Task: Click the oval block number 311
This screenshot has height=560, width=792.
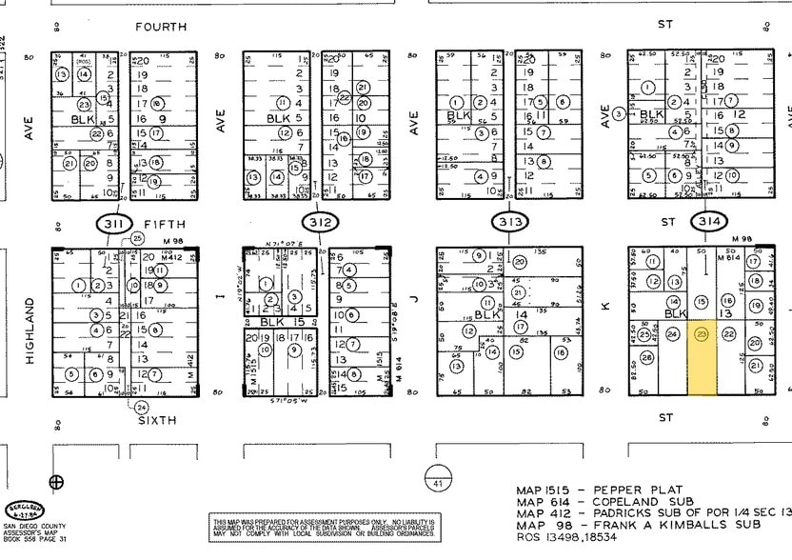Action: pos(114,224)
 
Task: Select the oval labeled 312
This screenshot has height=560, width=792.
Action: pos(321,224)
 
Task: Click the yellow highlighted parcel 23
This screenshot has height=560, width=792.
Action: pos(703,358)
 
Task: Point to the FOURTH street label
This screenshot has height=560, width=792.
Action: pos(161,27)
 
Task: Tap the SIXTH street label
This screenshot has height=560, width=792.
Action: pos(157,419)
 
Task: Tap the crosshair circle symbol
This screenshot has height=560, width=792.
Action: pos(56,482)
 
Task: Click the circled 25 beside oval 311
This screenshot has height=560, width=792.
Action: pos(138,238)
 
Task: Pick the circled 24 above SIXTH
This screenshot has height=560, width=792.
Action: pos(141,407)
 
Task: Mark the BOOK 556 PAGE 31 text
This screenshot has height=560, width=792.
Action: pos(36,540)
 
